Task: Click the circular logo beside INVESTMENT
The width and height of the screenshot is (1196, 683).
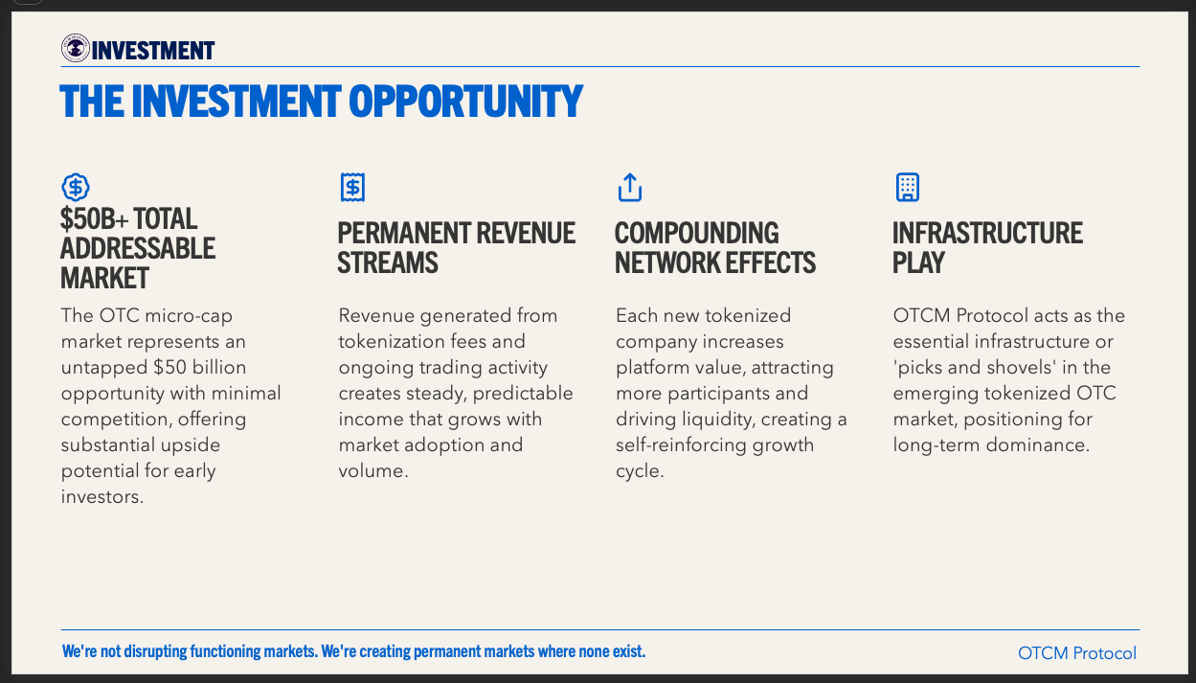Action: click(76, 48)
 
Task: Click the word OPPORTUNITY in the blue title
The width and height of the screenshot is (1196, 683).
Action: click(465, 101)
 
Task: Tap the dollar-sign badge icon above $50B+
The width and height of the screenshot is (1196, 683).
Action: click(76, 187)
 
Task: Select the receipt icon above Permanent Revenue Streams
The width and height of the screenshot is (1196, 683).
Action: click(352, 187)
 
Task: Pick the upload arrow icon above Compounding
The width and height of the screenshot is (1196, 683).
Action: click(630, 187)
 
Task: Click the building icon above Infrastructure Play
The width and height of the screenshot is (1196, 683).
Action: click(908, 187)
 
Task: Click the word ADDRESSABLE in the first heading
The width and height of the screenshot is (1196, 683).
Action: click(138, 248)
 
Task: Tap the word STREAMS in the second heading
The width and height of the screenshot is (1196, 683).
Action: click(388, 262)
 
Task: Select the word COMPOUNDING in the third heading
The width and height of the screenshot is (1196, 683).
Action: click(697, 234)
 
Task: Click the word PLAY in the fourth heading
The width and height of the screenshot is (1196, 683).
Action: click(918, 262)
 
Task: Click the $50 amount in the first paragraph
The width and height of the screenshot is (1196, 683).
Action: click(169, 368)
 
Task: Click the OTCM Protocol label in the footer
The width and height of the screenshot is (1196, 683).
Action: click(1077, 653)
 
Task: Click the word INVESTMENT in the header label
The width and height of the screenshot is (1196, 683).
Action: click(153, 51)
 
